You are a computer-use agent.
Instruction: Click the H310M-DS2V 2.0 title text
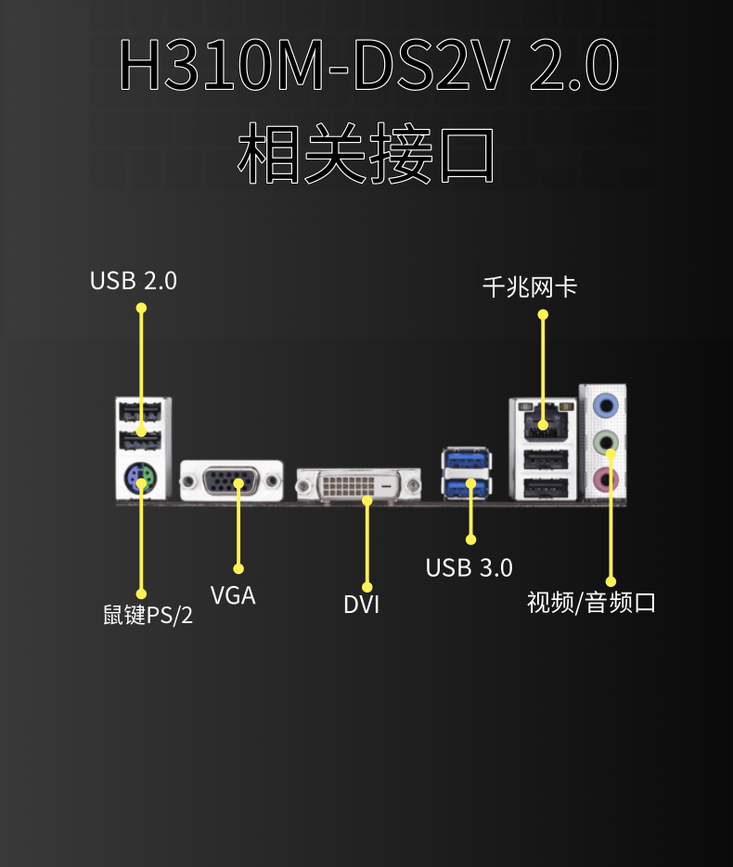pos(368,65)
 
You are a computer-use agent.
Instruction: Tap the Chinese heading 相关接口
pos(366,153)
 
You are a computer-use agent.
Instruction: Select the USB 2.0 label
pos(134,280)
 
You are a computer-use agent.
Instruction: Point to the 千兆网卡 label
pos(530,287)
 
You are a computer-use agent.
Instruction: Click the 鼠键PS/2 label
pos(148,615)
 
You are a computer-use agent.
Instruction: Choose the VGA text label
pos(233,595)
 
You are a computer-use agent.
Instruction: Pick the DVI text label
pos(362,605)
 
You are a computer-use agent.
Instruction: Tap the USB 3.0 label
pos(469,567)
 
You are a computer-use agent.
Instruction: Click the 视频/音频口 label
pos(591,602)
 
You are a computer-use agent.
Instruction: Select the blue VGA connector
pos(231,481)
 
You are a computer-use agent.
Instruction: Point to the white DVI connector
pos(358,486)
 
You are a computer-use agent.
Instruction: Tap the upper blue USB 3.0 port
pos(467,458)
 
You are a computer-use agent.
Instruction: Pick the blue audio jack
pos(605,405)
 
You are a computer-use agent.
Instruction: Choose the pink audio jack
pos(605,480)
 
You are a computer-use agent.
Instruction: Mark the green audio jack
pos(605,442)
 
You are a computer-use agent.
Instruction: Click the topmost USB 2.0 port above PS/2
pos(140,411)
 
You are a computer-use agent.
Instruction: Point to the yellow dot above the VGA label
pos(238,568)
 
